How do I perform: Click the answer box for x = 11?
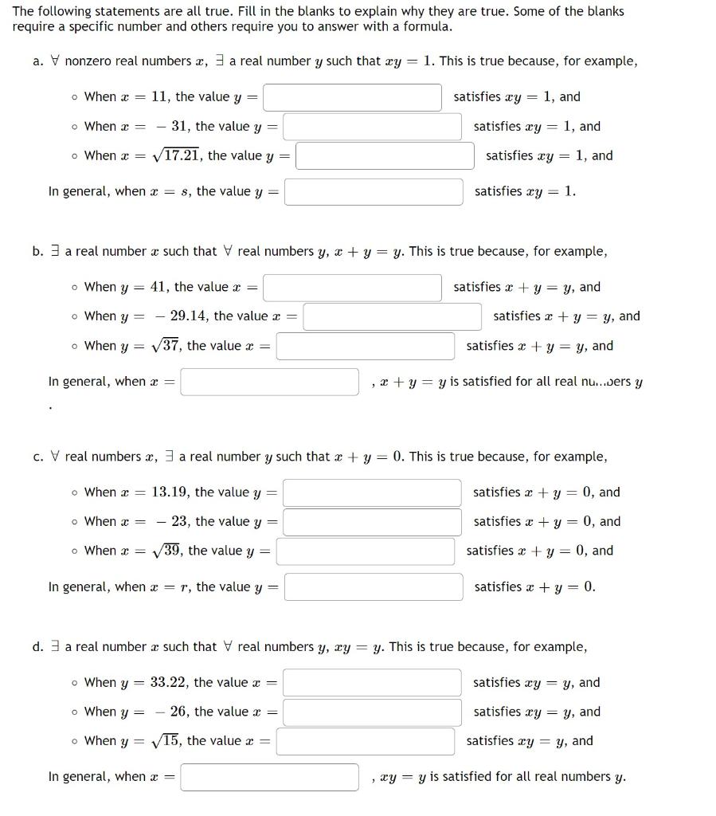(x=352, y=97)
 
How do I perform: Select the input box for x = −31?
(x=372, y=127)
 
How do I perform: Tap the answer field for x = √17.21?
(x=385, y=156)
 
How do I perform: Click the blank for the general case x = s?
(x=374, y=192)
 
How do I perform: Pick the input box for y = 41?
(x=352, y=288)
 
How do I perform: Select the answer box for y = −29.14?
(x=392, y=317)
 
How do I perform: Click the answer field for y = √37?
(x=366, y=347)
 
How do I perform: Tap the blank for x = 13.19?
(x=372, y=492)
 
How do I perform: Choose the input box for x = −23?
(x=372, y=522)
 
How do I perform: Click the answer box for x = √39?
(x=366, y=551)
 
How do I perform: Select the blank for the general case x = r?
(x=374, y=587)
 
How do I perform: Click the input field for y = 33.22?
(x=372, y=683)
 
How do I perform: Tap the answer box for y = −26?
(x=372, y=712)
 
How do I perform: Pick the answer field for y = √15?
(x=366, y=742)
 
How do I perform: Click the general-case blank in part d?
(x=269, y=777)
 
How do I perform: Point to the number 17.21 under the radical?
(x=181, y=156)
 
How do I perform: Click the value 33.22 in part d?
(x=169, y=682)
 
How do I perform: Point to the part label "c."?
(x=38, y=457)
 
